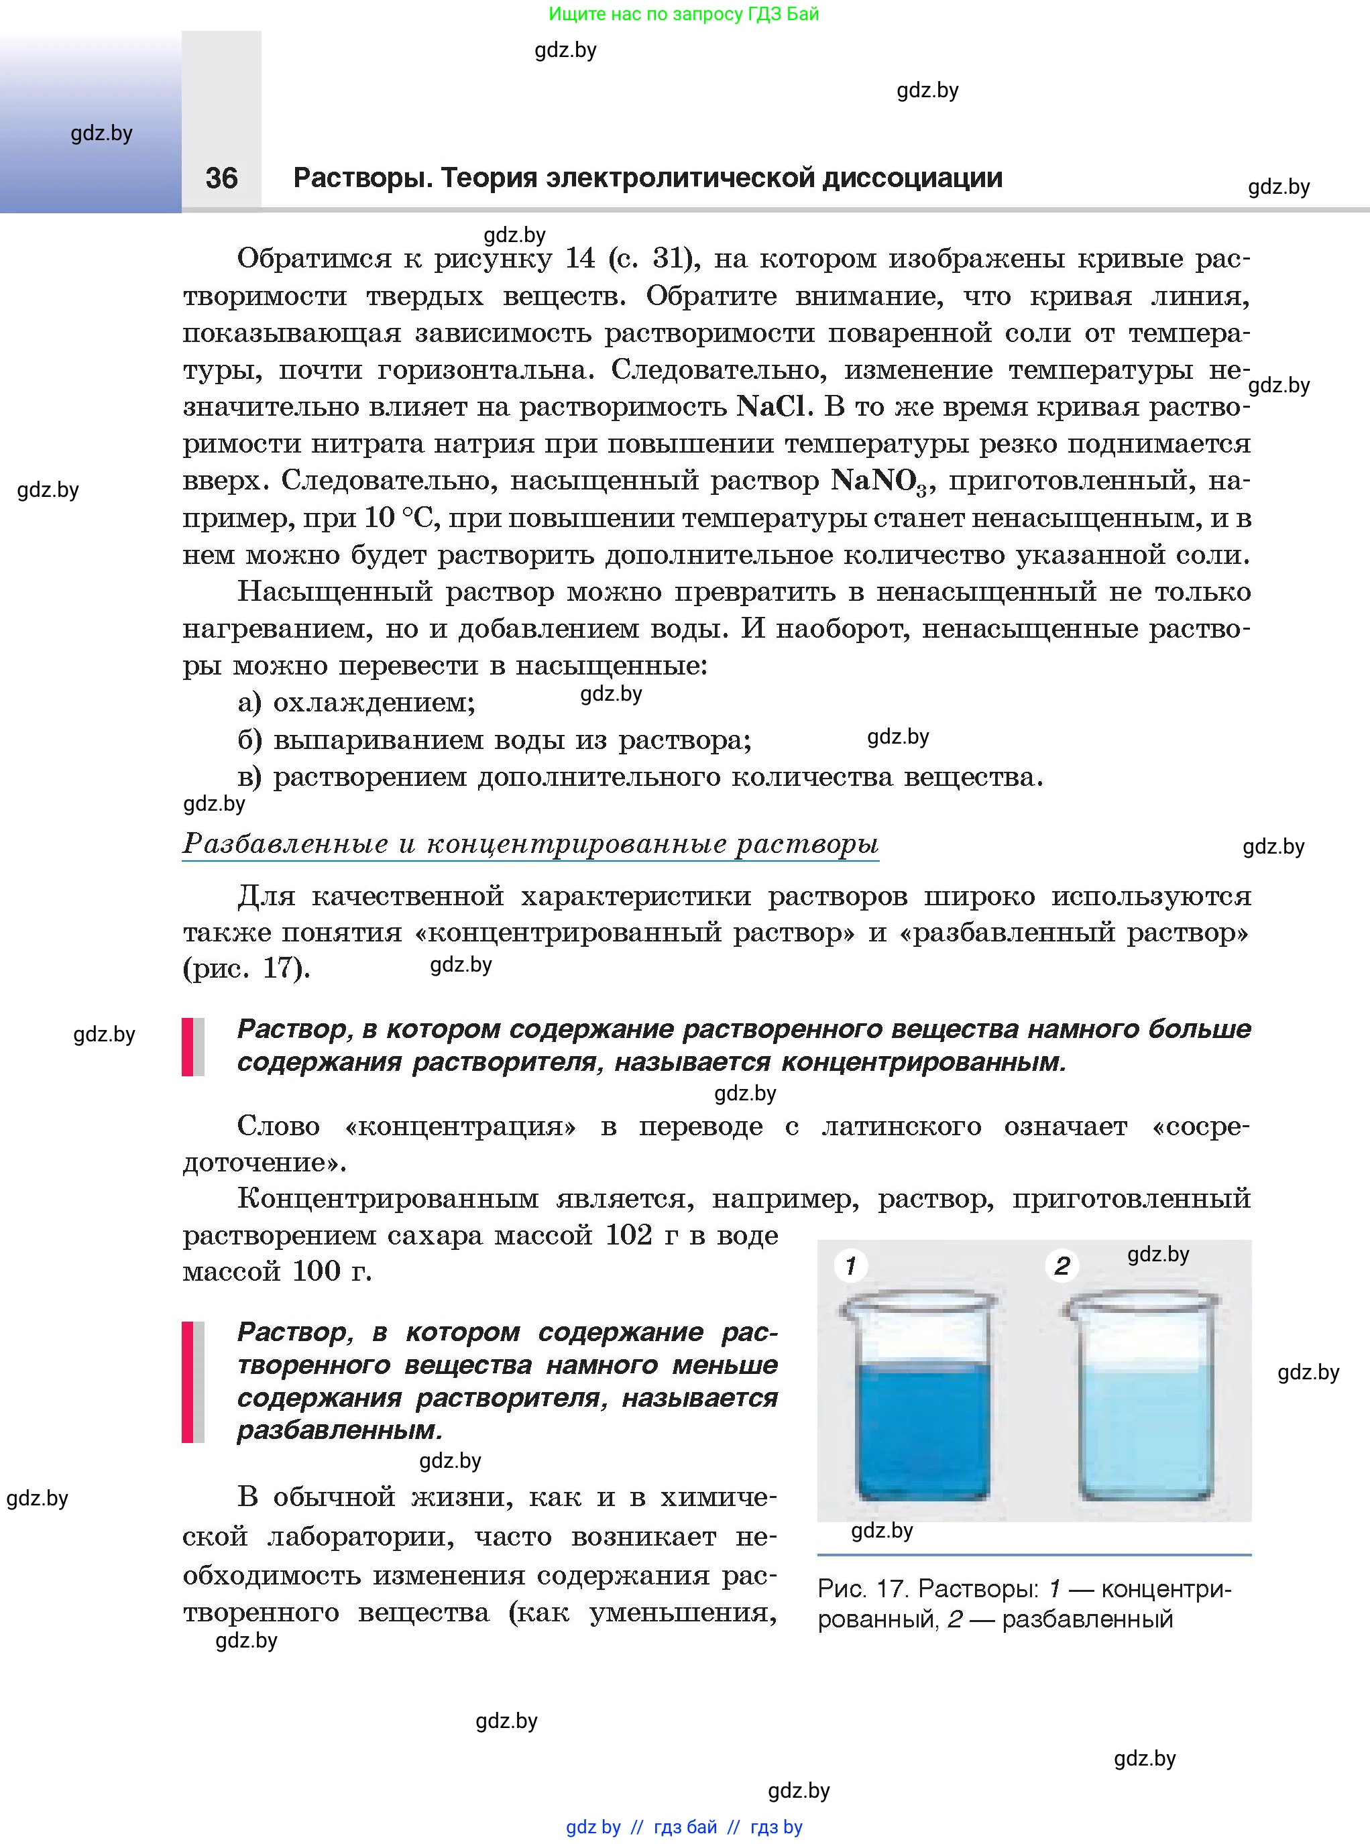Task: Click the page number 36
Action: (221, 178)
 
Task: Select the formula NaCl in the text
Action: (770, 407)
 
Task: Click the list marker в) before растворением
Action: (249, 778)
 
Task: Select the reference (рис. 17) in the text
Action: (246, 968)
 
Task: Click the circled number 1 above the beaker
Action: (850, 1265)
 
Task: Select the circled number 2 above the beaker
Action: (1062, 1266)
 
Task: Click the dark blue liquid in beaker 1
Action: (922, 1430)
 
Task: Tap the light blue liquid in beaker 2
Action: (1145, 1430)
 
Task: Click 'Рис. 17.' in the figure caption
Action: (863, 1589)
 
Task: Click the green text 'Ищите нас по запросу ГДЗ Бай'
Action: (683, 14)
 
